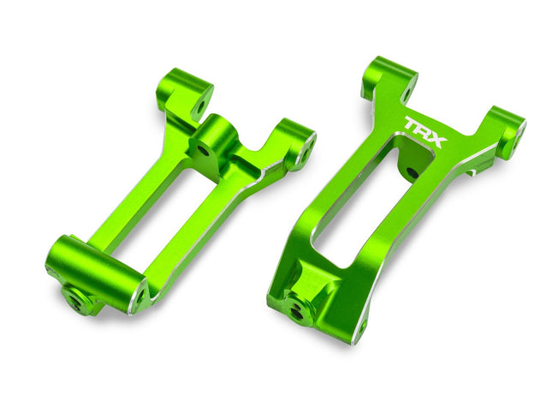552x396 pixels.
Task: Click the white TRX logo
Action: (x=424, y=132)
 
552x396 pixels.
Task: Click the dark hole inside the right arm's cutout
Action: (x=413, y=173)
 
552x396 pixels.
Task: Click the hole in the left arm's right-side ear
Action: (x=300, y=153)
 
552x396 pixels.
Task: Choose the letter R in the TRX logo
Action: (x=424, y=132)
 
